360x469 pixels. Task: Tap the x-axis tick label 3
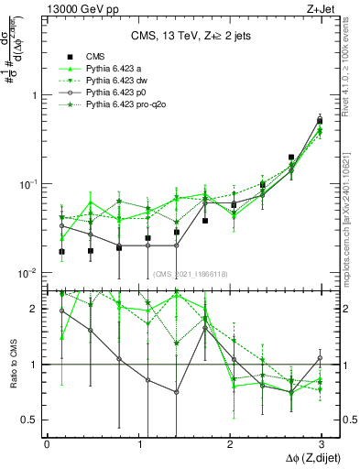[x=322, y=443]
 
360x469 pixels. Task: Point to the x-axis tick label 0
[x=47, y=443]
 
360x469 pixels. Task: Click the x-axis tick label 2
[x=230, y=443]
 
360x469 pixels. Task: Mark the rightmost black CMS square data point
[x=320, y=120]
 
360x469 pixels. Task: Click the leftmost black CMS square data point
[x=61, y=251]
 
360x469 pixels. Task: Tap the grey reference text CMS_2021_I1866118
[x=191, y=273]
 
